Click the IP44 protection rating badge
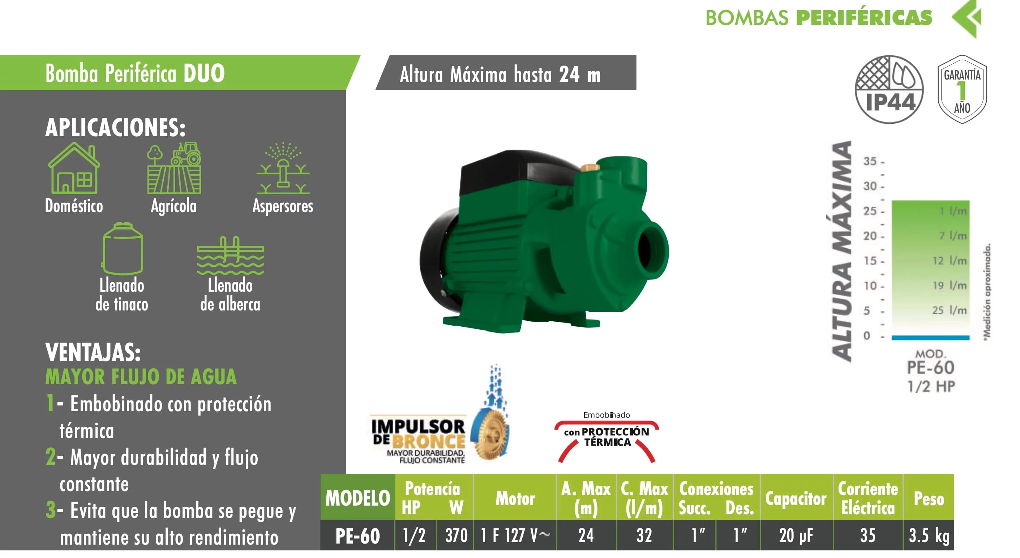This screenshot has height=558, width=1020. [889, 90]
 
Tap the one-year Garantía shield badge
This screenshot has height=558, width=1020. [962, 90]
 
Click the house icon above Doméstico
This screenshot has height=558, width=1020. [74, 168]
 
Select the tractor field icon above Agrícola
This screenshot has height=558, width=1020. [174, 168]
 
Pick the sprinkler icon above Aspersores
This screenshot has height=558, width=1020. [283, 168]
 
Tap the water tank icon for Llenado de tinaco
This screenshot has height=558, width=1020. [123, 248]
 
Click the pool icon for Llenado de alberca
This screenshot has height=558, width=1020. [231, 256]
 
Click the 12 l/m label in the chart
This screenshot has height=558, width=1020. [950, 261]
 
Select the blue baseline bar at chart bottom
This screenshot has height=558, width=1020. [930, 338]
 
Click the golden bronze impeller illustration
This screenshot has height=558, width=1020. [491, 434]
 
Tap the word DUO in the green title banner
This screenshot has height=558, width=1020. [204, 73]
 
